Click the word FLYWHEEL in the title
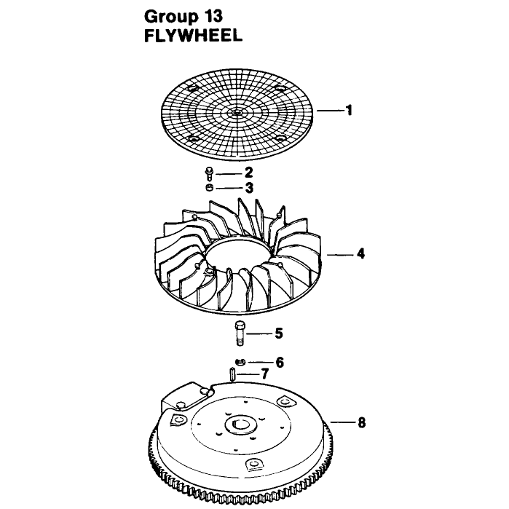click(x=193, y=36)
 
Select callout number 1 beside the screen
click(x=349, y=111)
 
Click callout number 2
click(x=248, y=173)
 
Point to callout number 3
click(x=249, y=188)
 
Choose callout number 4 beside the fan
click(x=360, y=253)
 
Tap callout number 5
click(x=279, y=334)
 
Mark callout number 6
click(x=280, y=363)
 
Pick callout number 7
click(x=265, y=374)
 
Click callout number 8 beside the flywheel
click(x=361, y=422)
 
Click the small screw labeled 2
click(x=209, y=173)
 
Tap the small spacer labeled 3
click(x=210, y=187)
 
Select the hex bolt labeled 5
click(x=240, y=333)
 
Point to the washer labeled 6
click(x=240, y=362)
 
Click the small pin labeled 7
click(x=232, y=374)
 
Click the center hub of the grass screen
click(x=238, y=112)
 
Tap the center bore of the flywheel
click(x=240, y=425)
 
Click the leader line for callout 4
click(x=339, y=255)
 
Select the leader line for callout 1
click(x=330, y=111)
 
